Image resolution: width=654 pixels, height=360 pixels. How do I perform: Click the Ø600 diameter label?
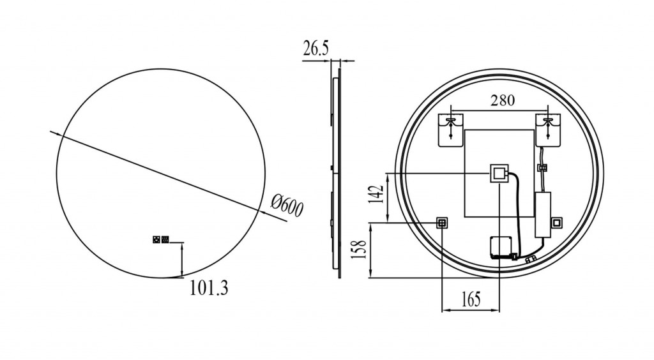pos(287,206)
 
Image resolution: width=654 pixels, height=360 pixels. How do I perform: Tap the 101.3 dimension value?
pos(209,287)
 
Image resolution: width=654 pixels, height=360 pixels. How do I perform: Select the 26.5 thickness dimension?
pos(316,49)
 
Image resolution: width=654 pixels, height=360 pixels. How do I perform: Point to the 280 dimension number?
pos(502,100)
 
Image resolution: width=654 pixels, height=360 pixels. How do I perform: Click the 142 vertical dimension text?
pos(376,194)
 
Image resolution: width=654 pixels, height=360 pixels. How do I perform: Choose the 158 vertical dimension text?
pos(359,249)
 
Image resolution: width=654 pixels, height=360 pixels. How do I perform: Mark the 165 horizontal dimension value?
pos(471,299)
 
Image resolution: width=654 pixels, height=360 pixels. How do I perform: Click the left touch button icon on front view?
pos(156,239)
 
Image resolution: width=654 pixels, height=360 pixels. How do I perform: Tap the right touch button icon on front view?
pos(165,239)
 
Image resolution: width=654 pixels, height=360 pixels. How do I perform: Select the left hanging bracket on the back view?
pos(450,130)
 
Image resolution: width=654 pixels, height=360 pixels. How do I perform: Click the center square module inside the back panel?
pos(499,173)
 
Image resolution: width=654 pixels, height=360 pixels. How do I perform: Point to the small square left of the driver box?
pos(442,223)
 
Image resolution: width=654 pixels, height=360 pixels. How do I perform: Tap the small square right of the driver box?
pos(557,223)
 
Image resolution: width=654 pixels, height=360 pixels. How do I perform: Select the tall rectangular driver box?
pos(543,215)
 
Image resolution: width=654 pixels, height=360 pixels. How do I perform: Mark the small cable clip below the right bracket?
pos(543,168)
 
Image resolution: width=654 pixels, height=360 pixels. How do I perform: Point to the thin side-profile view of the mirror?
pos(336,169)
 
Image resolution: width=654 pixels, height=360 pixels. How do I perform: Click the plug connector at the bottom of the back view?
pos(531,260)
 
